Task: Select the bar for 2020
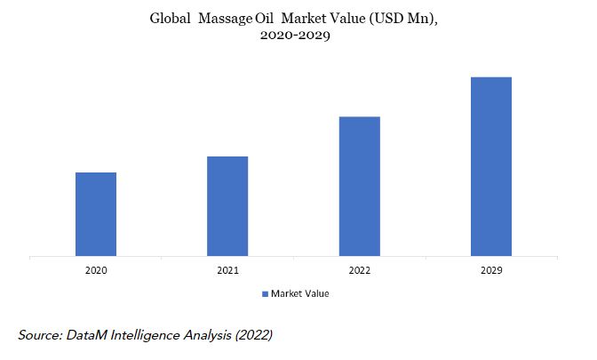(96, 214)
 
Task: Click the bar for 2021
(227, 206)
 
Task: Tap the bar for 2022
(360, 187)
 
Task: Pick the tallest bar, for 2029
(491, 166)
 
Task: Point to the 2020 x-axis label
(96, 270)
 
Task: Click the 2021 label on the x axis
(227, 270)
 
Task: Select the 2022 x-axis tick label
(360, 270)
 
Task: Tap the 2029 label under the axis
(491, 270)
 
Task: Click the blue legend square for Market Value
(265, 294)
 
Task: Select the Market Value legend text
(300, 293)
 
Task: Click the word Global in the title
(170, 19)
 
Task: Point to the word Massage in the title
(225, 19)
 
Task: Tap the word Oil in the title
(264, 19)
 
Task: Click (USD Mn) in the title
(403, 19)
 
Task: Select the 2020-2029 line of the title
(295, 36)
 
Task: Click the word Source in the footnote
(40, 335)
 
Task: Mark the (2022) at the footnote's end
(253, 336)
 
